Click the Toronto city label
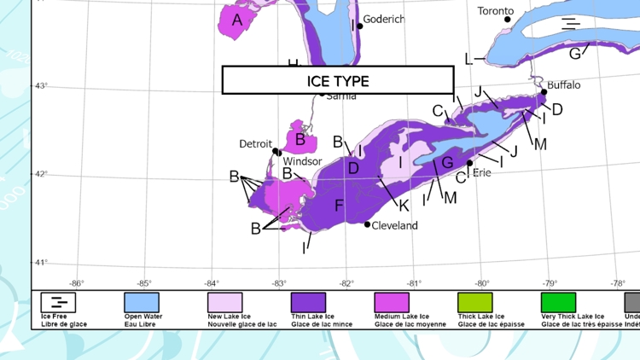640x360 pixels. point(496,11)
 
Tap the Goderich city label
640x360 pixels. point(384,19)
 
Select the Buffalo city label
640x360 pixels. point(563,85)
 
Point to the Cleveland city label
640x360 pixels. point(395,225)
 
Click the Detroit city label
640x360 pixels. point(255,144)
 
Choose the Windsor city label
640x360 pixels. point(302,161)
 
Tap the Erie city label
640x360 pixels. point(481,172)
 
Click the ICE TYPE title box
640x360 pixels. point(338,80)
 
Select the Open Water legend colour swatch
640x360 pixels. point(142,302)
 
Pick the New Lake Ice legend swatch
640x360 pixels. point(225,302)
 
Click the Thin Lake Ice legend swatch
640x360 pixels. point(309,302)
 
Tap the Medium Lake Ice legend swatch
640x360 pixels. point(393,302)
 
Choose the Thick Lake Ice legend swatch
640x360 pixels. point(475,302)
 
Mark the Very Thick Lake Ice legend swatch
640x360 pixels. point(559,302)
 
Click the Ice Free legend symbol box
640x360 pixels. point(58,302)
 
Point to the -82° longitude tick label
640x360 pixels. point(346,283)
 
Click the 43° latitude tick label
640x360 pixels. point(40,85)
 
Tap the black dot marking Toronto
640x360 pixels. point(508,20)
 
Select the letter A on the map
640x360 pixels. point(237,20)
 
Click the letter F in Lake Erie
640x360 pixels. point(339,206)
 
